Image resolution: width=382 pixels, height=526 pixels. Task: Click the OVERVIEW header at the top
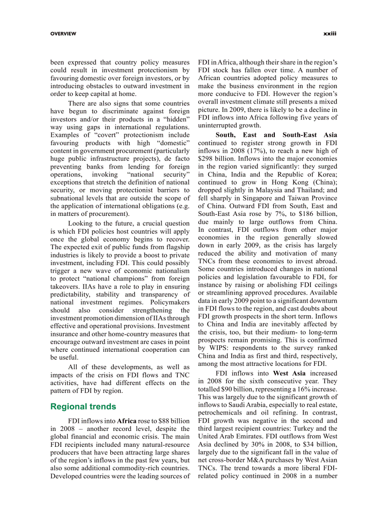63,34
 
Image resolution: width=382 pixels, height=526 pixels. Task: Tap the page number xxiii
330,34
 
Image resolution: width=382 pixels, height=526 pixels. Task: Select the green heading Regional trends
83,407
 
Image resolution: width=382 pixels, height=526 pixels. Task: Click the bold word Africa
126,421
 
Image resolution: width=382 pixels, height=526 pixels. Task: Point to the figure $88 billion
174,421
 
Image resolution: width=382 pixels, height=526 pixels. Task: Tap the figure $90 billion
226,389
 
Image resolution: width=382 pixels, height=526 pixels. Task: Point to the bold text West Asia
287,373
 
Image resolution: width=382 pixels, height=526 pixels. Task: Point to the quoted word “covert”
103,135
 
